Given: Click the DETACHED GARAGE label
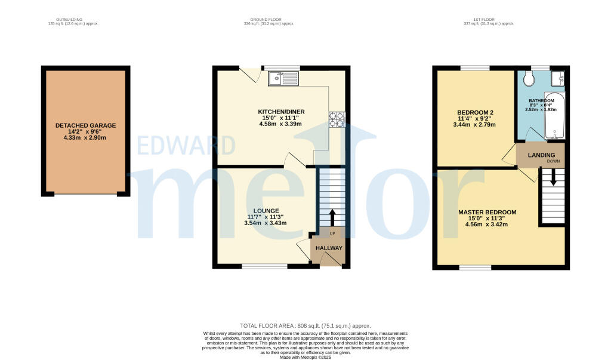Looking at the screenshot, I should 85,125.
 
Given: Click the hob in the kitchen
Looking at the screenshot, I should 336,119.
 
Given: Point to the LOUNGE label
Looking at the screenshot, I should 266,211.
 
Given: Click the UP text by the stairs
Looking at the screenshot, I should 332,233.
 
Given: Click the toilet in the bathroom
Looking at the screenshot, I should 528,79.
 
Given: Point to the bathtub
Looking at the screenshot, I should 555,116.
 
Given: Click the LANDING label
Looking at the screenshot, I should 541,155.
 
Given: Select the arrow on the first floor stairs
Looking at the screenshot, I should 553,177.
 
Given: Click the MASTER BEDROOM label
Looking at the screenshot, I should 487,213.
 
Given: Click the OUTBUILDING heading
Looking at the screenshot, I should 73,20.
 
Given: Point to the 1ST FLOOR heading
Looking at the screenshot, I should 488,20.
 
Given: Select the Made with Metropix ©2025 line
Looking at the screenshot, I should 305,356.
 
